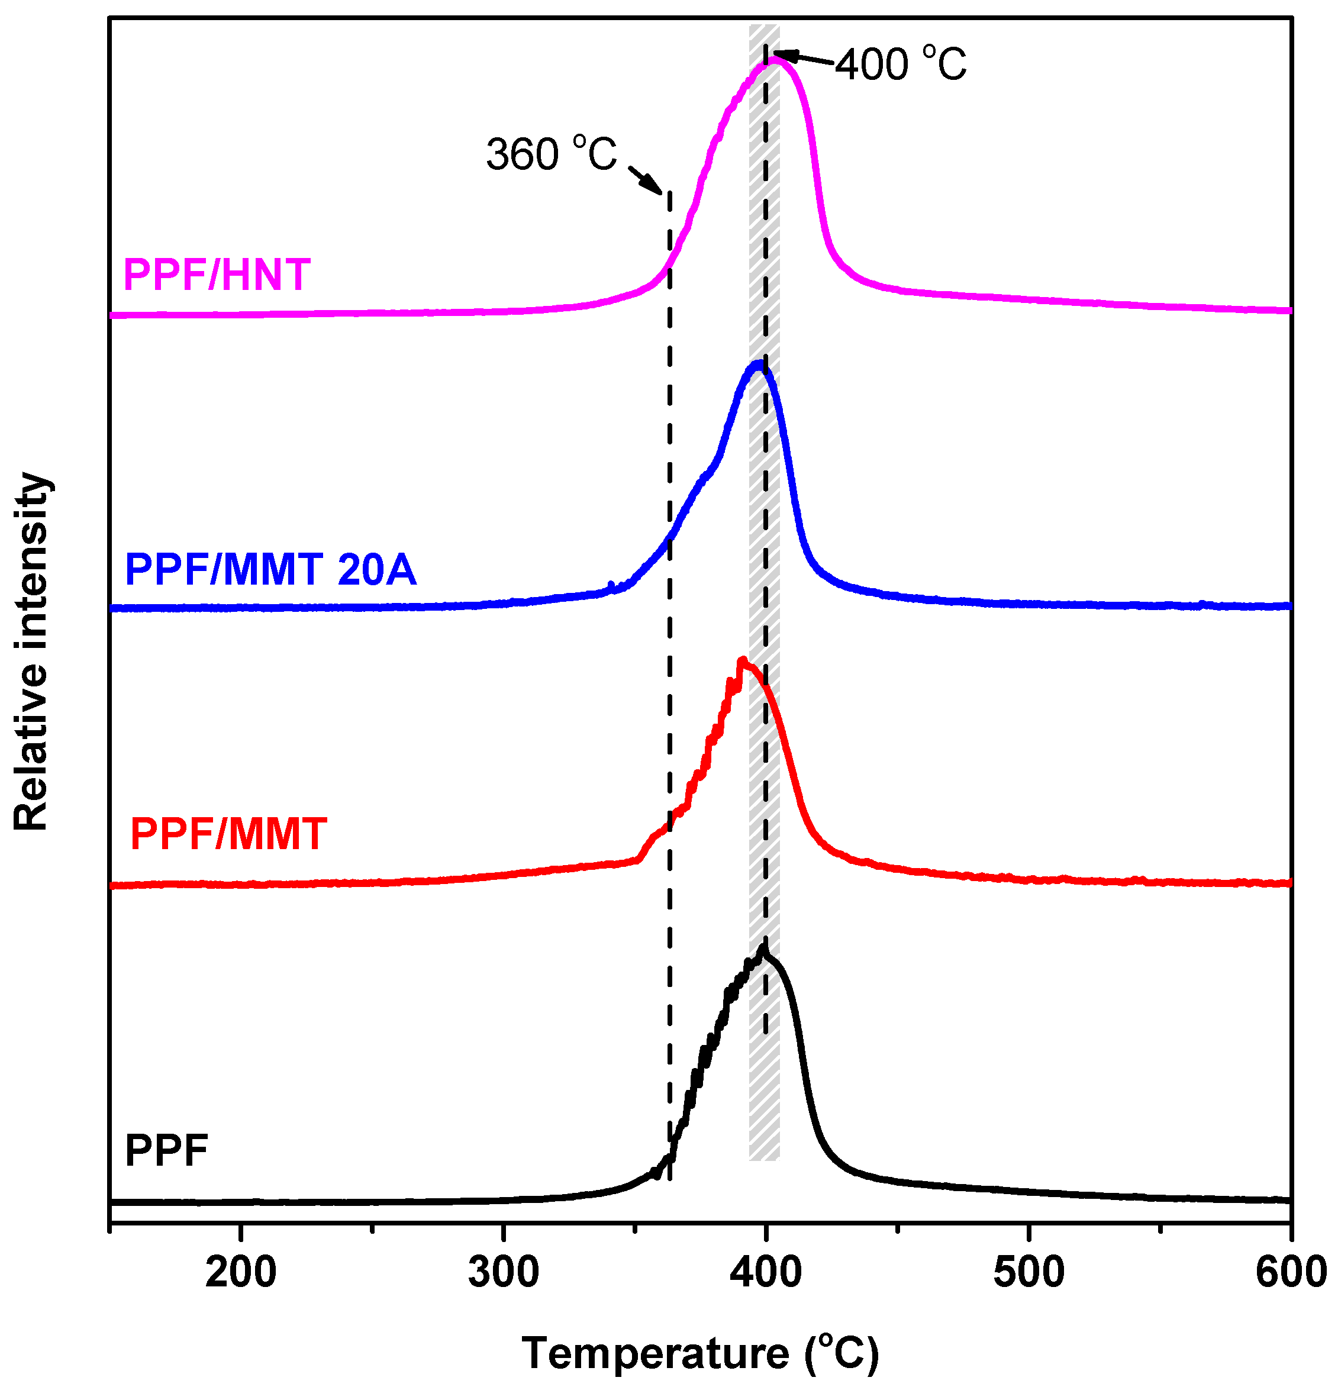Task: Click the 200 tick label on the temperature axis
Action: click(x=241, y=1272)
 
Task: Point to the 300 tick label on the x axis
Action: click(x=503, y=1272)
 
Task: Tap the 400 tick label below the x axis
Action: click(x=766, y=1272)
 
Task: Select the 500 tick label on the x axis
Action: click(x=1028, y=1272)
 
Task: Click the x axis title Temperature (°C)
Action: click(x=700, y=1354)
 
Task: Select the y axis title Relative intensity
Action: click(x=32, y=651)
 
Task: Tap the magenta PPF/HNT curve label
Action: click(x=217, y=275)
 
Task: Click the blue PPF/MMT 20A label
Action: click(x=270, y=569)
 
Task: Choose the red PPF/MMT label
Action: click(x=228, y=834)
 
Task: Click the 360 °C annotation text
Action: click(x=551, y=154)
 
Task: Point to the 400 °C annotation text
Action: click(x=900, y=64)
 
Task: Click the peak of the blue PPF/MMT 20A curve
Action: click(x=759, y=365)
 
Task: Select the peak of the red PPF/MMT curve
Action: click(x=742, y=661)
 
